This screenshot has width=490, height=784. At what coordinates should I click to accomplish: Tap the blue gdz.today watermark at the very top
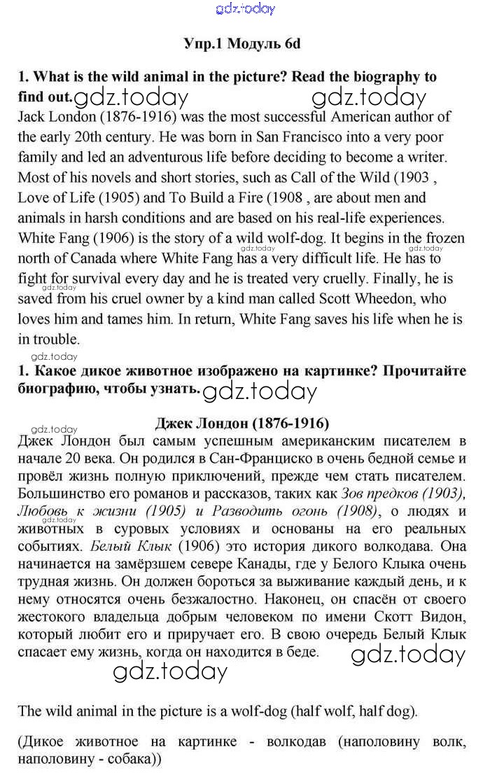click(x=246, y=9)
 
